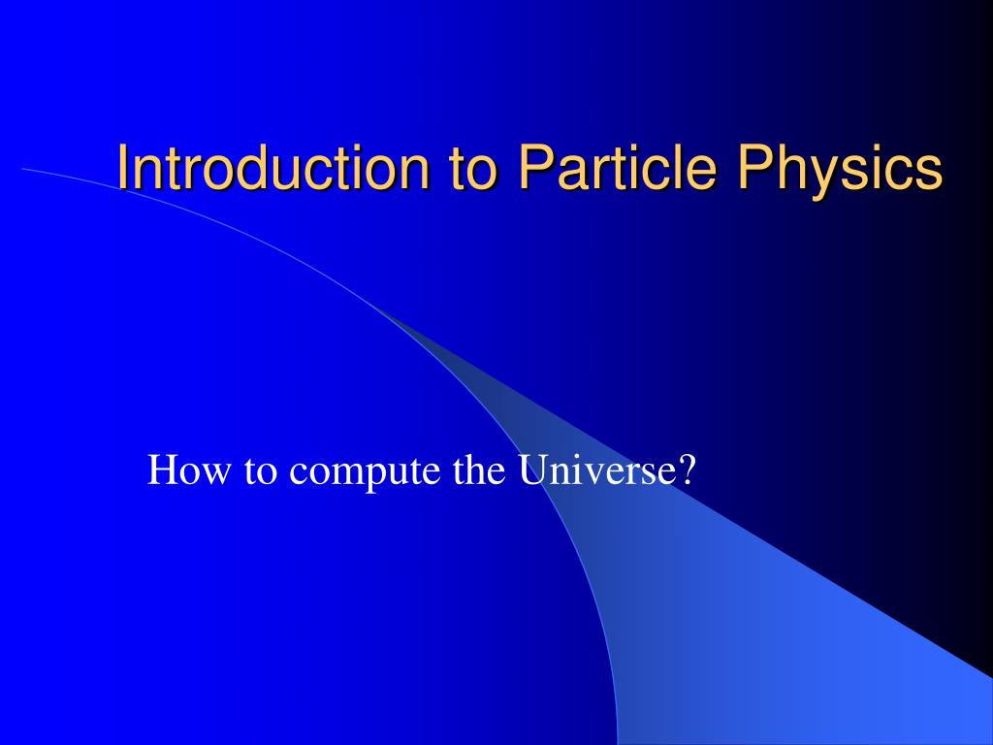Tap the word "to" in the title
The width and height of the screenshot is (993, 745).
pyautogui.click(x=471, y=168)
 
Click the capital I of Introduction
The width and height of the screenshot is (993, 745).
pyautogui.click(x=122, y=168)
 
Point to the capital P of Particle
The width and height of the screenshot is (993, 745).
pyautogui.click(x=532, y=168)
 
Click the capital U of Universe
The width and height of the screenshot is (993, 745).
pyautogui.click(x=531, y=472)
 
